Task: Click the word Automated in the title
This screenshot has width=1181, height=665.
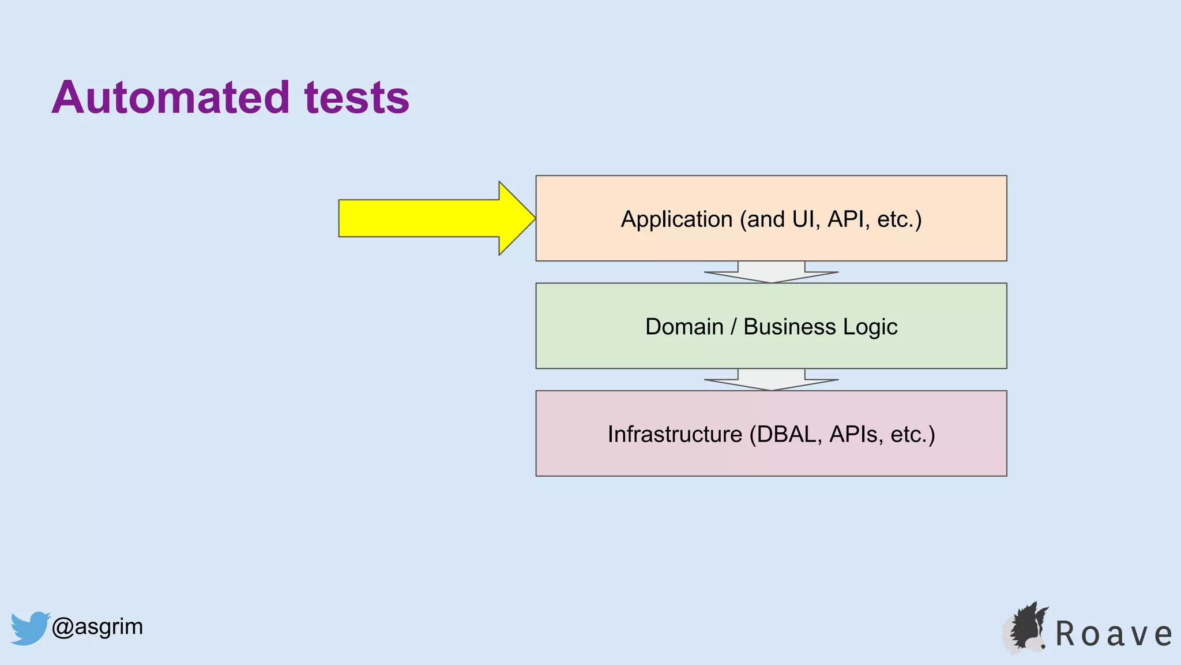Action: tap(170, 98)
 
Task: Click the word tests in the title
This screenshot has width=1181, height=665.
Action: tap(356, 98)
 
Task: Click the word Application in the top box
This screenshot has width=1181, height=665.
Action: tap(676, 219)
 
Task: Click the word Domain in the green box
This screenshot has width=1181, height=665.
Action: tap(684, 327)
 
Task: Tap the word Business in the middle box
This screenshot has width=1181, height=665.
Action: tap(789, 327)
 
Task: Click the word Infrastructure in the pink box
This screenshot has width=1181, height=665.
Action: tap(675, 434)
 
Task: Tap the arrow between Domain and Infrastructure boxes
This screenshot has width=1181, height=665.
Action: tap(771, 380)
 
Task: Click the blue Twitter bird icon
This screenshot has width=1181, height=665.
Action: tap(29, 628)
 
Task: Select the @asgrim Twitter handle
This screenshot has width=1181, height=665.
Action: tap(97, 627)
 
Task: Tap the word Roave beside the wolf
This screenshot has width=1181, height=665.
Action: tap(1113, 634)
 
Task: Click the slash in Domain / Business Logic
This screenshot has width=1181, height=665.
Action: tap(734, 327)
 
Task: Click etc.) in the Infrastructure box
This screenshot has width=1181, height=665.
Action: tap(912, 434)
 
